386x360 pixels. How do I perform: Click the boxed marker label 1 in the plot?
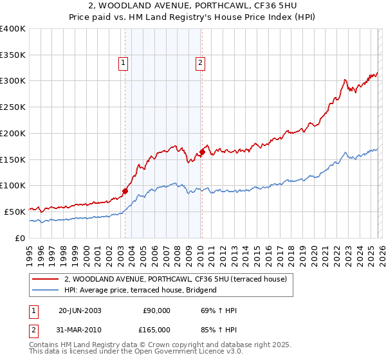click(x=123, y=62)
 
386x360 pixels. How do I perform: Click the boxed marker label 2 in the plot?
click(x=201, y=62)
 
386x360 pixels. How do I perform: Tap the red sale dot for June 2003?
click(x=125, y=190)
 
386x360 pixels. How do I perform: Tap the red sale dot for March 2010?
click(x=202, y=152)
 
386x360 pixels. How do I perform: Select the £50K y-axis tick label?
click(x=14, y=211)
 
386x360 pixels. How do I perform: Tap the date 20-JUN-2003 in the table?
click(x=80, y=310)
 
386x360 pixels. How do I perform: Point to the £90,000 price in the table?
click(x=157, y=310)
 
